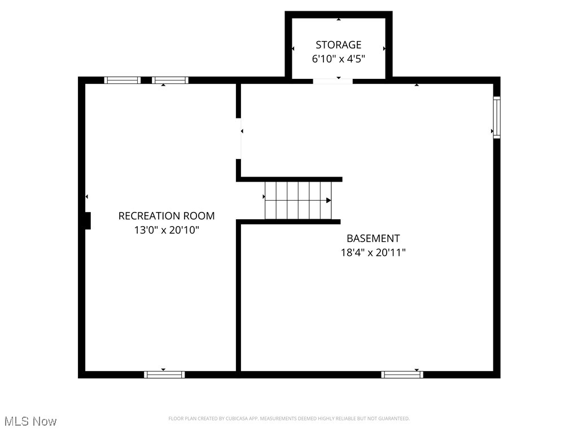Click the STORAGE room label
coord(338,45)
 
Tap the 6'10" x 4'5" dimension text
coord(338,59)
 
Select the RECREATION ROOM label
coord(167,215)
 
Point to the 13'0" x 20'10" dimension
coord(167,230)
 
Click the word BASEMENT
coord(373,238)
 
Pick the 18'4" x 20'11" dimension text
coord(373,253)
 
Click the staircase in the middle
coord(298,200)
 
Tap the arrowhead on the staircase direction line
coord(329,200)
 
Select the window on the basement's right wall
coord(497,117)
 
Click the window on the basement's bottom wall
coord(402,374)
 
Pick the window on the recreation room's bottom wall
coord(164,374)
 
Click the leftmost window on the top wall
coord(122,80)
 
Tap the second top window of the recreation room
coord(170,80)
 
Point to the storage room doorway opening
coord(332,81)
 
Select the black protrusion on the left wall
coord(87,220)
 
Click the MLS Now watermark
coord(30,421)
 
